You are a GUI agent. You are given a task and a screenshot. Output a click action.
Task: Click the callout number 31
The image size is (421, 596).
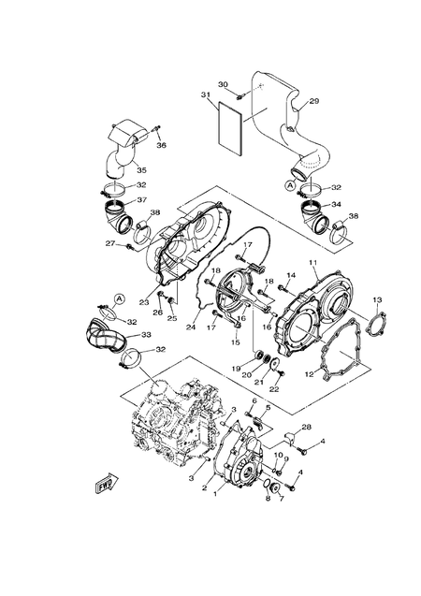point(205,95)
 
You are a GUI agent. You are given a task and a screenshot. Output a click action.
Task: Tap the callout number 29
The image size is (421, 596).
point(314,101)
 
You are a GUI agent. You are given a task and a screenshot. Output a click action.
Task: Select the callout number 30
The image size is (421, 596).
point(223,85)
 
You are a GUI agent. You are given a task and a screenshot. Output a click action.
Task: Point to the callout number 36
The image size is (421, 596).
point(161,145)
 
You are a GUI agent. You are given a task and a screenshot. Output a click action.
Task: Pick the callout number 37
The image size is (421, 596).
point(142,199)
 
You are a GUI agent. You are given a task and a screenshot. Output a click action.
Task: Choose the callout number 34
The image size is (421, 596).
point(336,204)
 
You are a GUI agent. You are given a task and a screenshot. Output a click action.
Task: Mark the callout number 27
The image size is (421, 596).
point(109,244)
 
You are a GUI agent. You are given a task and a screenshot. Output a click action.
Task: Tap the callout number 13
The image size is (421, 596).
point(377,299)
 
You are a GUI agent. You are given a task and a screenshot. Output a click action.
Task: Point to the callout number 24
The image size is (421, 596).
point(190,327)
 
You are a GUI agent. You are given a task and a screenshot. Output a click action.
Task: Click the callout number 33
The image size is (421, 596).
point(147,334)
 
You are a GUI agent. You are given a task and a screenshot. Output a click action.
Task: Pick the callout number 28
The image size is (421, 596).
point(306,429)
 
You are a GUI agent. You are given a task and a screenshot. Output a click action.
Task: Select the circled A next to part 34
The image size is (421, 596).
point(290,186)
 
